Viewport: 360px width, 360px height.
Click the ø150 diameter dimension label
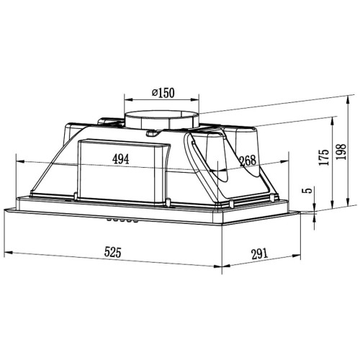[163, 93]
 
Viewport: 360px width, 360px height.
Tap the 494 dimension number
[121, 159]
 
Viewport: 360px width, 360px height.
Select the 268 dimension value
[248, 161]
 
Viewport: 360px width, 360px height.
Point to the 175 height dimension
[324, 157]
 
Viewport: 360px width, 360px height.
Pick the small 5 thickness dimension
[309, 190]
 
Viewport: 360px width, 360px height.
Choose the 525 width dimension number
[113, 252]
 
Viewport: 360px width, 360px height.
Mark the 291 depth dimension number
[259, 254]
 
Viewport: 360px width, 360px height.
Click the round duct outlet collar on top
[161, 121]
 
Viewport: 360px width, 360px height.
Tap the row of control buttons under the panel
[122, 220]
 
